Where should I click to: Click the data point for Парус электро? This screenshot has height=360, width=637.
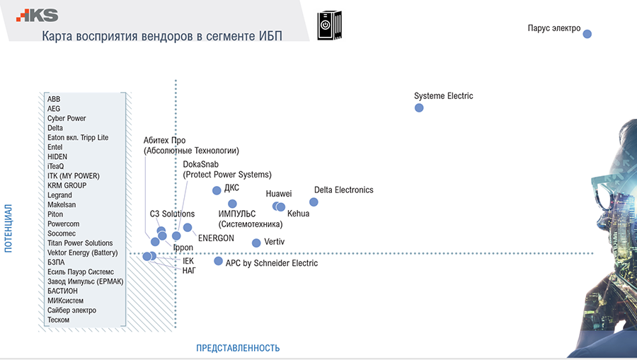click(587, 34)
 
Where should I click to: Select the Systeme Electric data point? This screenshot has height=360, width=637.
click(419, 108)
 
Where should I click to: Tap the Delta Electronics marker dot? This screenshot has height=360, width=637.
click(314, 202)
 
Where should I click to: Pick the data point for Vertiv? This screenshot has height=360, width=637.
click(256, 243)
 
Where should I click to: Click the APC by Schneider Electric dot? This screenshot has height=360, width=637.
click(218, 261)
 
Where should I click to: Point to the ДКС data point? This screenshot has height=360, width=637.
click(217, 190)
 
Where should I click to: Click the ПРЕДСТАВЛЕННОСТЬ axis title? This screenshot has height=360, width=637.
click(238, 348)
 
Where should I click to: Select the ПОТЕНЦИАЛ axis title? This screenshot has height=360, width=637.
click(9, 228)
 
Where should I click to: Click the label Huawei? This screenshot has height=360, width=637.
click(279, 194)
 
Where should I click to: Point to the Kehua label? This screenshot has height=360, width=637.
click(298, 214)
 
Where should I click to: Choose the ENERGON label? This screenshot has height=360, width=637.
click(216, 238)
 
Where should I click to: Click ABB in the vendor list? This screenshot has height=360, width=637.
click(54, 99)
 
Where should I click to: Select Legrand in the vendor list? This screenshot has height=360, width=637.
click(59, 195)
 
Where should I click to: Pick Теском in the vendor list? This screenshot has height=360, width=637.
click(58, 320)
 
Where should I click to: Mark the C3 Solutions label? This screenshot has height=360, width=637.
click(172, 214)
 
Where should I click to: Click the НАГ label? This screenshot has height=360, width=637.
click(189, 270)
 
